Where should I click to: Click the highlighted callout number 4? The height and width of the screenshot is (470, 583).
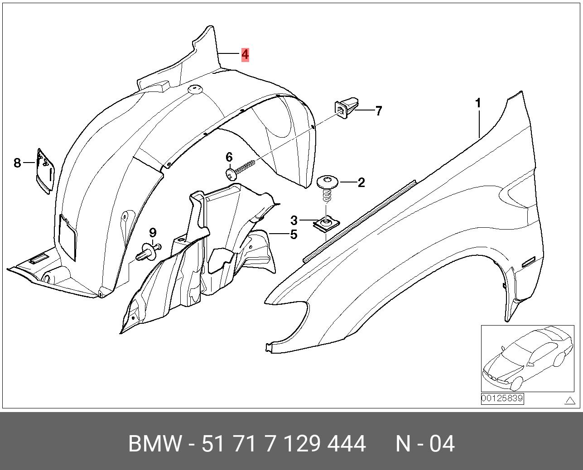tap(245, 55)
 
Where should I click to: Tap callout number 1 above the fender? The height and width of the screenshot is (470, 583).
tap(478, 104)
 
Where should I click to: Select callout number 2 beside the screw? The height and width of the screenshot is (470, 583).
tap(361, 182)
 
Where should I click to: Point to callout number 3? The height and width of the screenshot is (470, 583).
tap(294, 220)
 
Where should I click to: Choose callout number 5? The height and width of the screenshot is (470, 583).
tap(294, 234)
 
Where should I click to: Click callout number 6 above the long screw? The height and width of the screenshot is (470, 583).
tap(229, 157)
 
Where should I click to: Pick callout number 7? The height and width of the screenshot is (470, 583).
tap(378, 111)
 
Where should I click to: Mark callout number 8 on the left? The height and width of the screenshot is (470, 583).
tap(17, 163)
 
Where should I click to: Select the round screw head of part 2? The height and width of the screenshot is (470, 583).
tap(327, 181)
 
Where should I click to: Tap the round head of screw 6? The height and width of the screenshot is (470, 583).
tap(231, 173)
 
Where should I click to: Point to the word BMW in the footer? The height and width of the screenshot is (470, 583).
tap(154, 444)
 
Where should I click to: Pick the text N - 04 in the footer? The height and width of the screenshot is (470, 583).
tap(425, 444)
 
